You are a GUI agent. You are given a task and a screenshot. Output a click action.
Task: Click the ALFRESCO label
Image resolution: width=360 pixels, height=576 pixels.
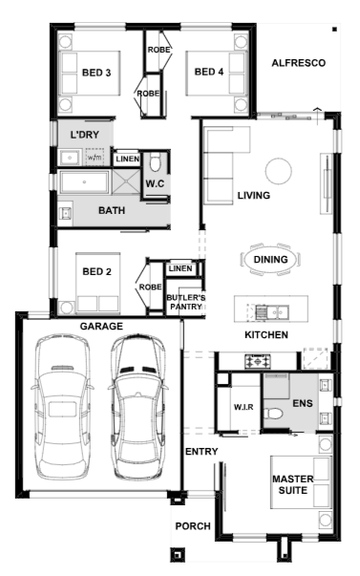(298, 63)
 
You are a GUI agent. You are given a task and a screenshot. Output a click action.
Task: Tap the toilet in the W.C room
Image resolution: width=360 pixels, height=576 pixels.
(156, 163)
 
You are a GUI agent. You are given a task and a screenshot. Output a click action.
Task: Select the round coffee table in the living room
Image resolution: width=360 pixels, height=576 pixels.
(279, 171)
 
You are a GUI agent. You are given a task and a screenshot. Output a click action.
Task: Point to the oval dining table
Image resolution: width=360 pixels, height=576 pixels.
(271, 260)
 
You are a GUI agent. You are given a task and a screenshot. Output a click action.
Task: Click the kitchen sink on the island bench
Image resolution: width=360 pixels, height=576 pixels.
(272, 312)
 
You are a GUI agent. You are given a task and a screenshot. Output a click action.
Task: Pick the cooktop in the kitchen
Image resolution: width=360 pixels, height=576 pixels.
(258, 361)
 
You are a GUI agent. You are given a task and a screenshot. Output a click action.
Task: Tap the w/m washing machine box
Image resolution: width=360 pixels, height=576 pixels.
(95, 158)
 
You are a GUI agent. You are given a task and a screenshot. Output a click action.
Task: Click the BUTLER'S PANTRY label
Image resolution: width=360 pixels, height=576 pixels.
(186, 302)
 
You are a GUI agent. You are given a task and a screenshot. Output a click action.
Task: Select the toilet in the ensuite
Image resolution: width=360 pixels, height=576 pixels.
(273, 414)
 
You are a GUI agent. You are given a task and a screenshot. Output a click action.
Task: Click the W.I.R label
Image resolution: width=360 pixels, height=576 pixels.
(244, 407)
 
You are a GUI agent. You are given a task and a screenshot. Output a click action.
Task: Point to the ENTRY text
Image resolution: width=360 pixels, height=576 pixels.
(201, 452)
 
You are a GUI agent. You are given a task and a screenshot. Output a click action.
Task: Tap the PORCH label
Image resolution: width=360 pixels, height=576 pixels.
(193, 526)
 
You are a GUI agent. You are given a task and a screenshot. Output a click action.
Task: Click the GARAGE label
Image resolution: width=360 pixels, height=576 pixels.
(101, 326)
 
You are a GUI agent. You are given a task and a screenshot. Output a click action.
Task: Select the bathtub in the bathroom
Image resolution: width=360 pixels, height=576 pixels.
(85, 181)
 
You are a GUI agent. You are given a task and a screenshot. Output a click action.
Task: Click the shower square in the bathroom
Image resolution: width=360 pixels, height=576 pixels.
(126, 181)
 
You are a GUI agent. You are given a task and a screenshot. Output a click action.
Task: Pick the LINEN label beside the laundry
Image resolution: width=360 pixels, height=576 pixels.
(127, 160)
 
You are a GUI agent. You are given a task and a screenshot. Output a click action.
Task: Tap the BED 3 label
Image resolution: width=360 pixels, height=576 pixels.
(96, 73)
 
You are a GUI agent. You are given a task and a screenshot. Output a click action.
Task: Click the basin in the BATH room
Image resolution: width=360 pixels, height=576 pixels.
(66, 213)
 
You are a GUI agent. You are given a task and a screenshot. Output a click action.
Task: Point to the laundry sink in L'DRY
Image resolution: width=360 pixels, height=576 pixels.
(70, 158)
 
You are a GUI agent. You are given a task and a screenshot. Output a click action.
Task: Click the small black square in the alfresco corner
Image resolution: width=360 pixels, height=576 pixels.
(334, 29)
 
